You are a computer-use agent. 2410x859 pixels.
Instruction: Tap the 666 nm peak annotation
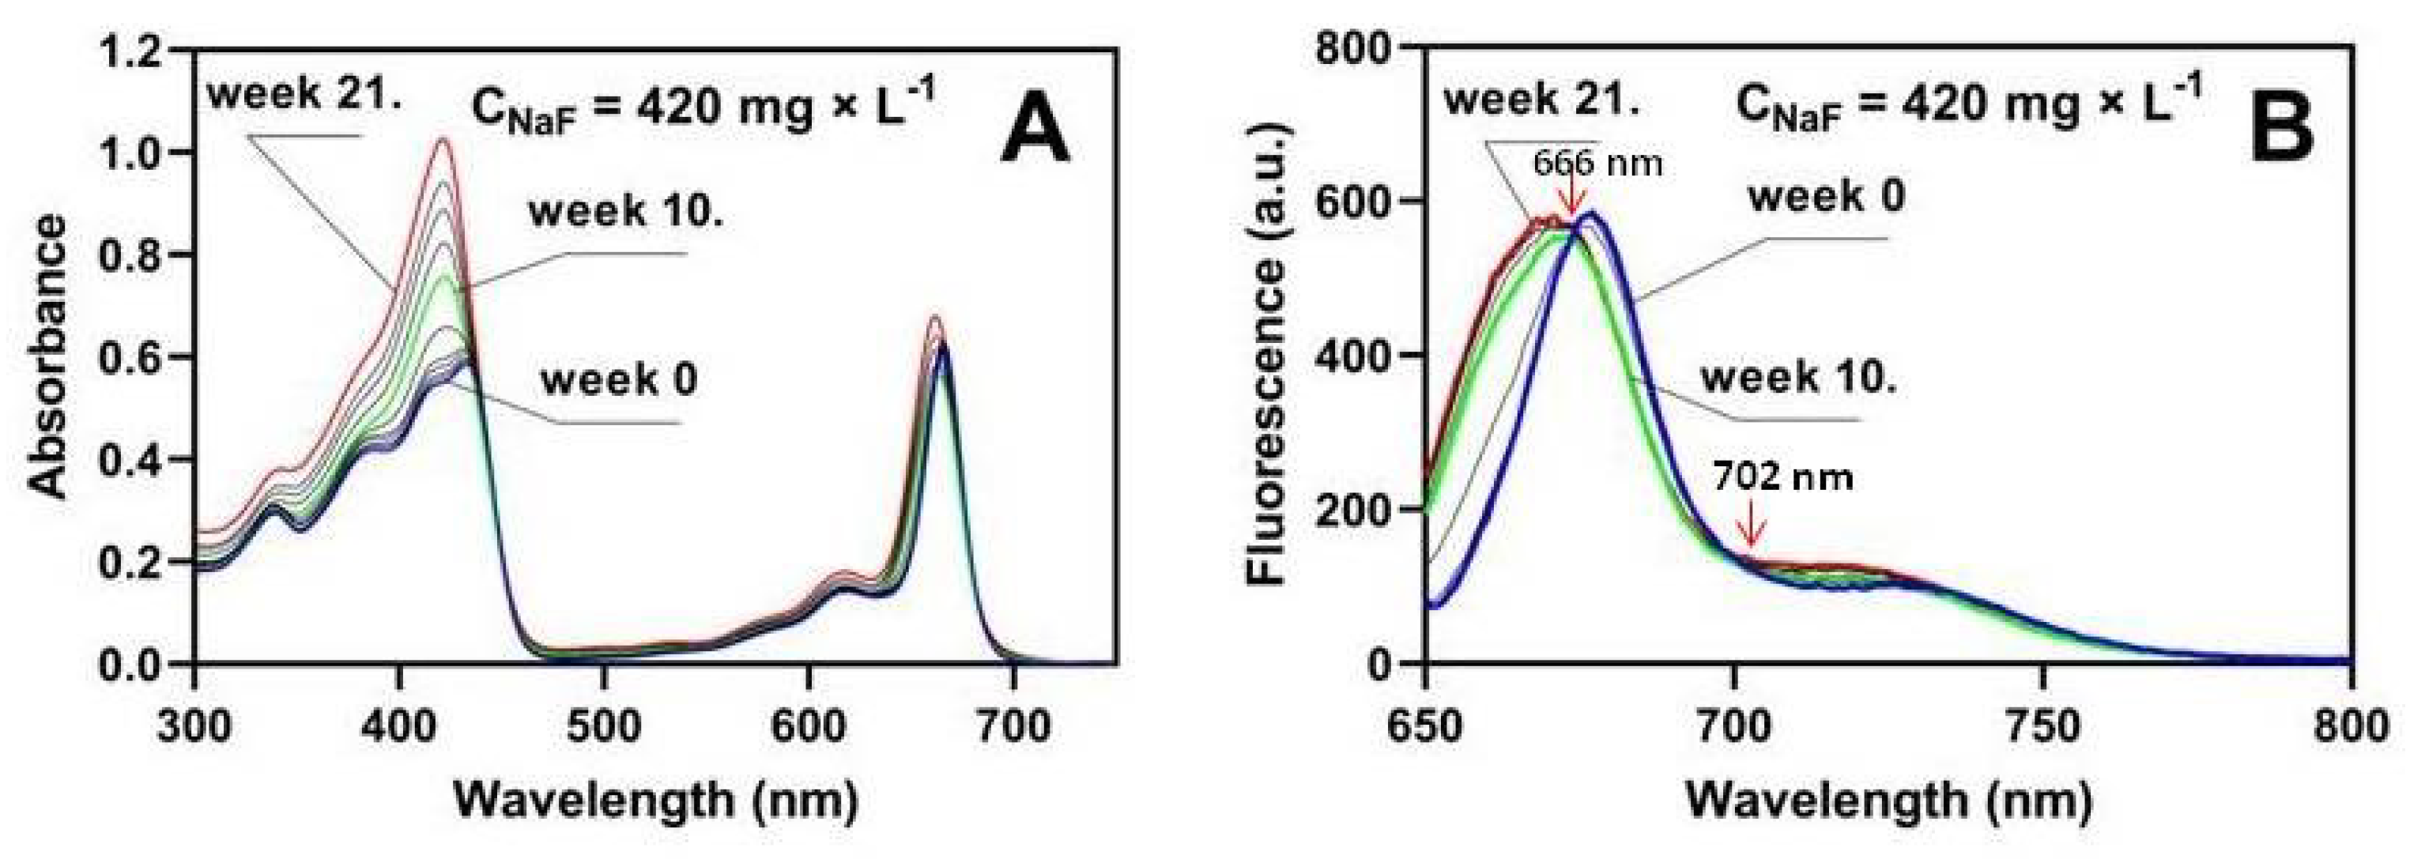click(x=1597, y=164)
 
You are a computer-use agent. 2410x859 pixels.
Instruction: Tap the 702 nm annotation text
click(x=1782, y=477)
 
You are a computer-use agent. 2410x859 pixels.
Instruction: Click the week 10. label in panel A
click(x=626, y=213)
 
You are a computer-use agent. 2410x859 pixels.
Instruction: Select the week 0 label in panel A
click(x=618, y=381)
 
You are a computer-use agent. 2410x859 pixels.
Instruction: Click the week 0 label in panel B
click(x=1825, y=198)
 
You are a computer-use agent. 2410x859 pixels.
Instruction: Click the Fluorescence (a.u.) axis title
click(x=1269, y=356)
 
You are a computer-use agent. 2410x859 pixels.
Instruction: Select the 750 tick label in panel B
click(x=2042, y=725)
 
